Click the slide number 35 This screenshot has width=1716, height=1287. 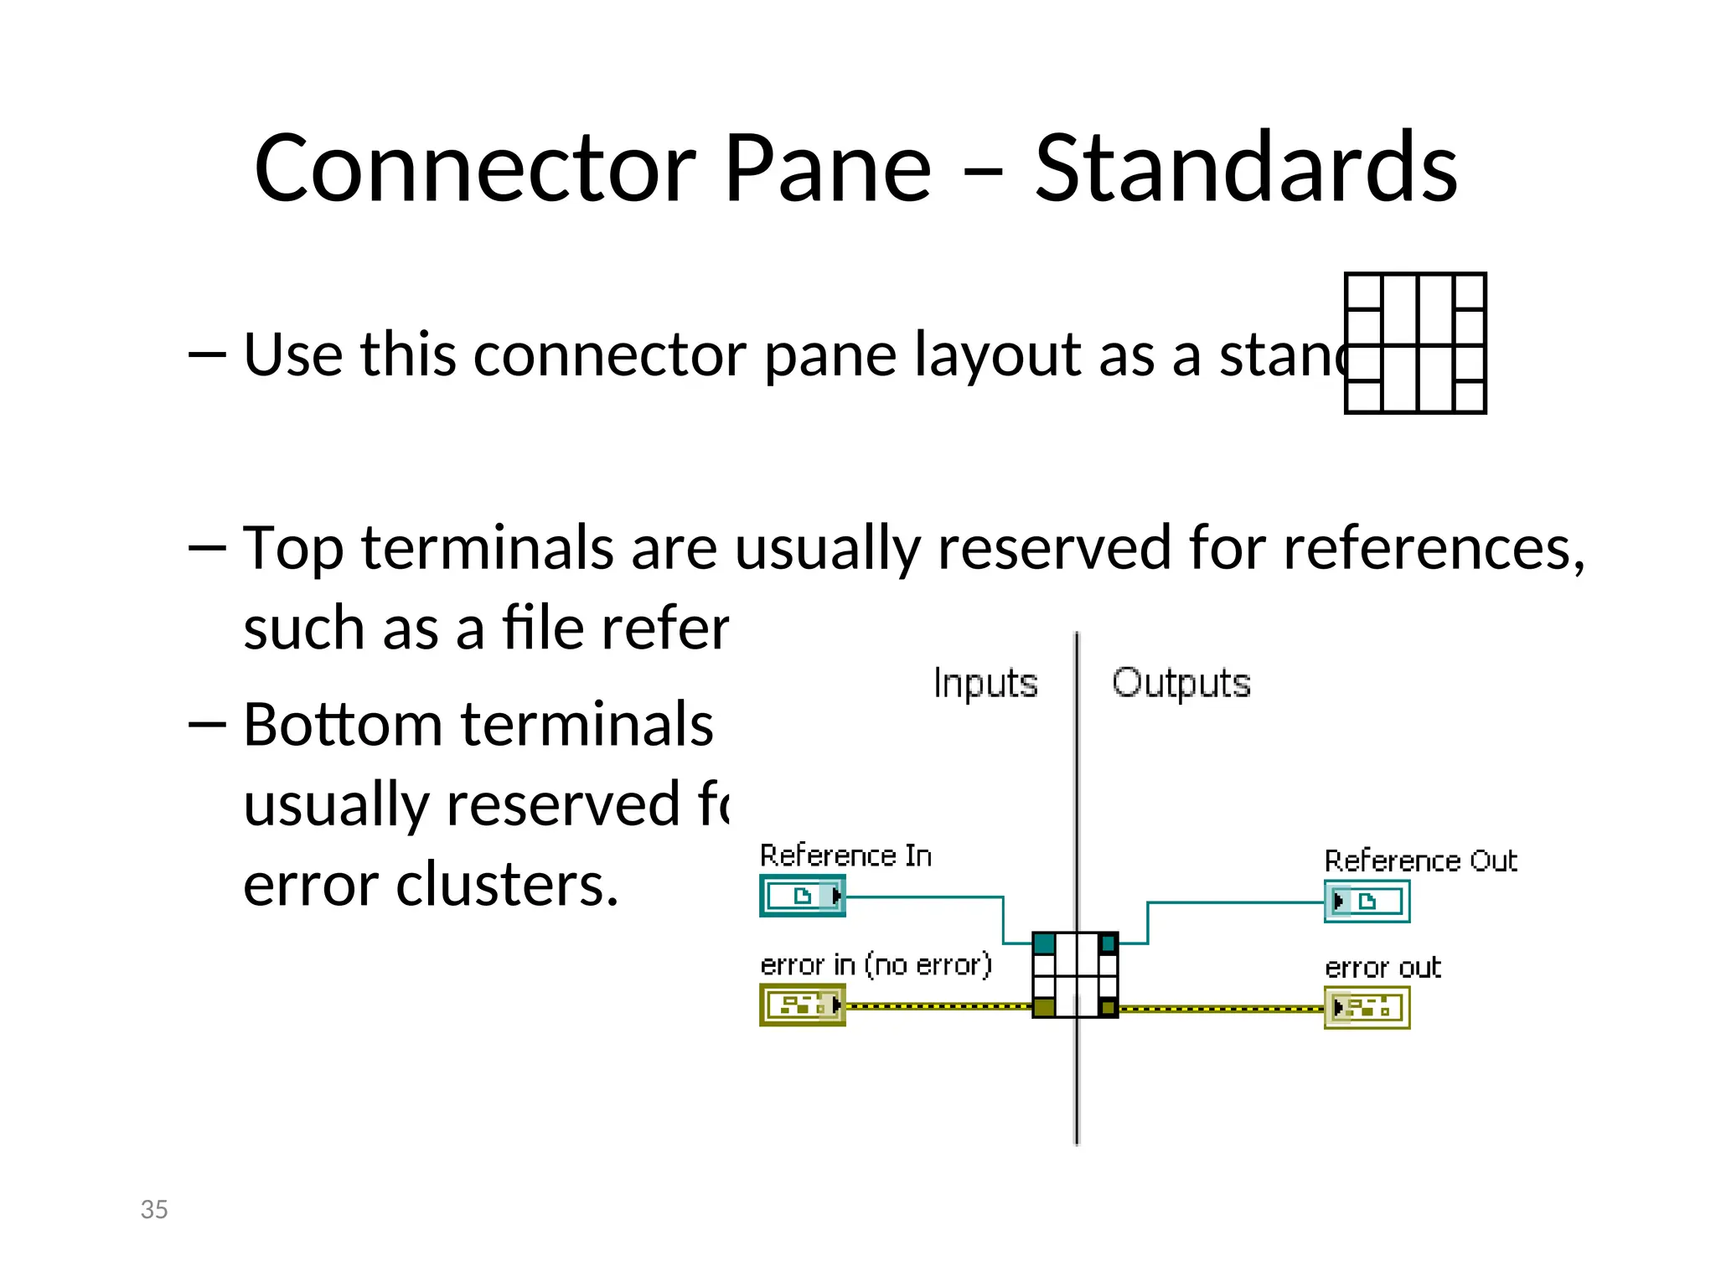154,1209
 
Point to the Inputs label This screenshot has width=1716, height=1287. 985,684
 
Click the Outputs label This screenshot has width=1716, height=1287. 1181,684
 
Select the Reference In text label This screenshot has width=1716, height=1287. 845,855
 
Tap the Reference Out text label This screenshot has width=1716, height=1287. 1420,861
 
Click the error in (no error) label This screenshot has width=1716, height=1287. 876,965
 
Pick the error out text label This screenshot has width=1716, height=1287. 1383,968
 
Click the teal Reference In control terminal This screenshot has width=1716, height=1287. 803,896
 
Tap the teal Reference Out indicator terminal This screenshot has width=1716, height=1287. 1367,902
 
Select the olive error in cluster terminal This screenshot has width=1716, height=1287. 803,1005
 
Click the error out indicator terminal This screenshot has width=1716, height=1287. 1367,1007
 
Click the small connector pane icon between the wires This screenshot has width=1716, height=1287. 1075,974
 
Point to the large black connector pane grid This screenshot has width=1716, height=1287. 1415,343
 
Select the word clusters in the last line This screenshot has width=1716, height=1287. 507,885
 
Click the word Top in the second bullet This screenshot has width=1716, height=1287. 292,549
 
